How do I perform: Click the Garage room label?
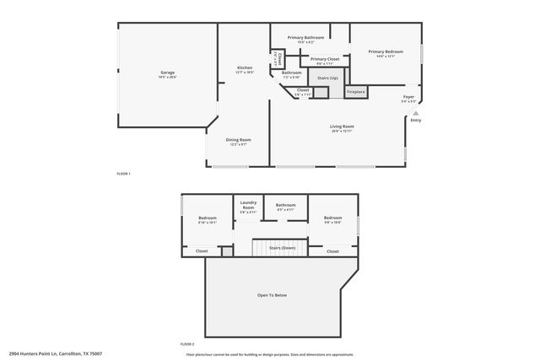coord(167,73)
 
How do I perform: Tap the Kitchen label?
coord(245,67)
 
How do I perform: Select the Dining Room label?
coord(238,139)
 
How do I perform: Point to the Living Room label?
coord(342,126)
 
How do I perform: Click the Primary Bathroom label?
coord(305,37)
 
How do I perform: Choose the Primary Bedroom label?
coord(386,51)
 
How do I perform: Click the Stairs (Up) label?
coord(328,78)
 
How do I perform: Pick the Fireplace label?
coord(356,91)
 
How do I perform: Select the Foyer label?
coord(408,97)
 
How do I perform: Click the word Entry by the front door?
coord(415,120)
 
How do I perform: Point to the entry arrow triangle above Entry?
coord(415,111)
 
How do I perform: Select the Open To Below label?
coord(273,295)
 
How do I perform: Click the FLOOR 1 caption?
coord(123,173)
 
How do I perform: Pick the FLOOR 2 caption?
coord(187,344)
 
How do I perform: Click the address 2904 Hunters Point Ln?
coord(42,353)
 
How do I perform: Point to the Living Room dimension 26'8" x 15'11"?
coord(342,132)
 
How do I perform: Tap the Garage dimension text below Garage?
coord(167,78)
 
